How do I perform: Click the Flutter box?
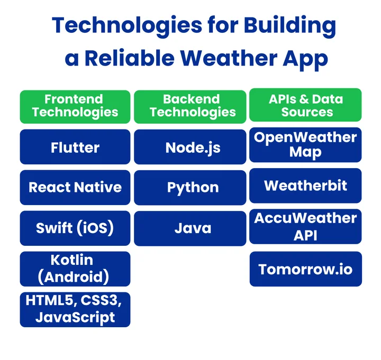pos(75,147)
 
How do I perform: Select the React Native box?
pos(75,187)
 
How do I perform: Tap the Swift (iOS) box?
pos(75,228)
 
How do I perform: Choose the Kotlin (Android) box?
pos(75,269)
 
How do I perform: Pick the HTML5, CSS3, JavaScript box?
pos(75,309)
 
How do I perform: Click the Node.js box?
pos(190,147)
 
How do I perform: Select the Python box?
pos(190,187)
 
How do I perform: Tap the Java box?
pos(190,228)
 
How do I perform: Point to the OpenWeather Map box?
pos(305,145)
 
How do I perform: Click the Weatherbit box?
pos(305,186)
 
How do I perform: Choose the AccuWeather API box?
pos(305,226)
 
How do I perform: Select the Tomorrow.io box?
pos(305,269)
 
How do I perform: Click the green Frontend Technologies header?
pos(75,105)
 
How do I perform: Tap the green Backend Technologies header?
pos(190,105)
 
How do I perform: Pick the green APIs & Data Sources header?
pos(305,105)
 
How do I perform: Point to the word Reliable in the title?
pos(131,58)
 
